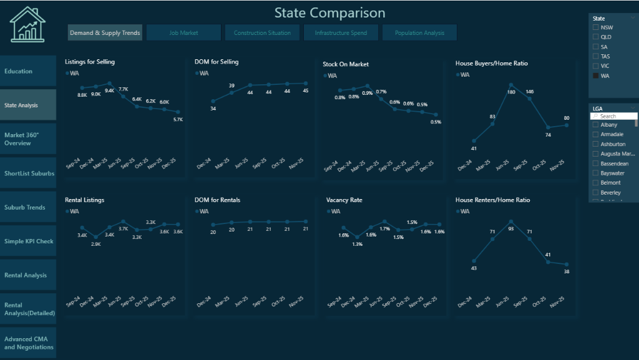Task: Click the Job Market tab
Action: click(183, 32)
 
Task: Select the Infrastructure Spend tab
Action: click(341, 32)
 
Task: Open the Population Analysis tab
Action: click(419, 32)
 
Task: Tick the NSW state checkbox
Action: click(596, 27)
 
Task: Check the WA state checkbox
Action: click(596, 75)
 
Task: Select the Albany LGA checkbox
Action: click(596, 125)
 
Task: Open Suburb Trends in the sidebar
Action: click(25, 207)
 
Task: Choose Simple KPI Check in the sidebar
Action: click(28, 241)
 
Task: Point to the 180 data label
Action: click(511, 92)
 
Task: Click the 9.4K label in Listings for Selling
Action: click(110, 91)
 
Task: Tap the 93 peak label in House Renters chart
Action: click(511, 229)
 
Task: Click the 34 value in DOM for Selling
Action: click(213, 109)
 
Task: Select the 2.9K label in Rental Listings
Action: click(96, 244)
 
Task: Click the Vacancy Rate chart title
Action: click(344, 200)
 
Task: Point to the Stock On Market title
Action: click(346, 64)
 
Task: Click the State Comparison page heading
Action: click(329, 12)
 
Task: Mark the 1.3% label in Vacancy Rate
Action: click(357, 244)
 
